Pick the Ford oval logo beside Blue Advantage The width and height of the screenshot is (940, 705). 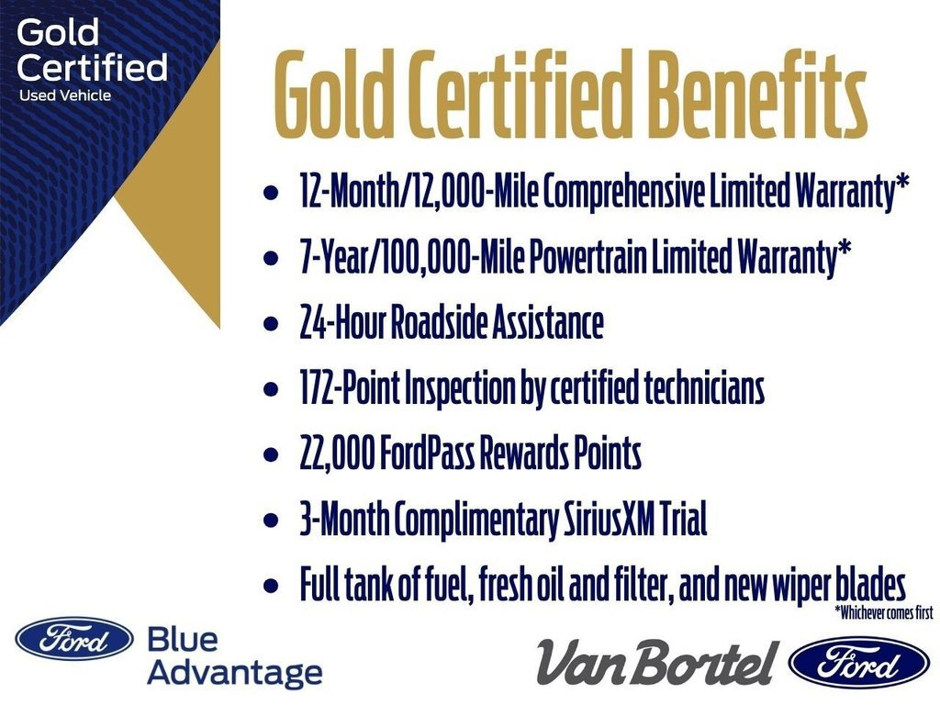point(74,639)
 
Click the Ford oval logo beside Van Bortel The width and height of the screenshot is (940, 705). point(858,662)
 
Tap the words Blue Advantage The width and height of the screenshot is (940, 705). point(234,657)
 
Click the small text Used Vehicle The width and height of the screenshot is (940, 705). point(64,95)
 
